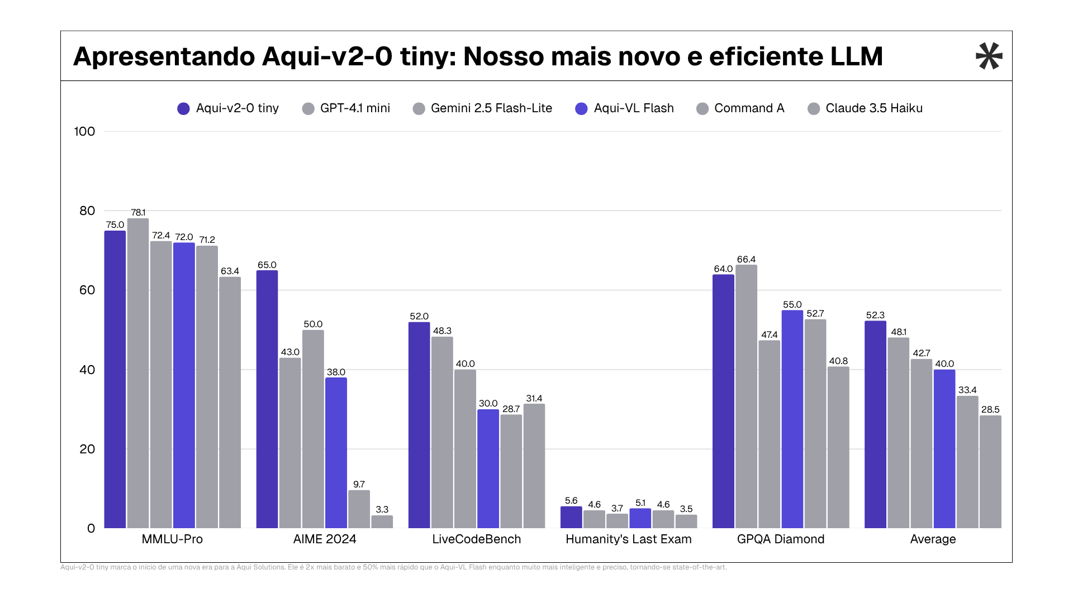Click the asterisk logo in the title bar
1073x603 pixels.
[x=989, y=56]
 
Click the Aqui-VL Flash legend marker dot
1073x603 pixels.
[x=581, y=109]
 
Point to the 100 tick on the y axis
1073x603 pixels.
[x=84, y=132]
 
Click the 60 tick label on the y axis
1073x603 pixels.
[x=87, y=290]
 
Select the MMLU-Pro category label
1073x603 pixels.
[x=172, y=539]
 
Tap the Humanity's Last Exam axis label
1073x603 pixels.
[x=628, y=539]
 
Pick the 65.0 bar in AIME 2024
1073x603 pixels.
[x=267, y=399]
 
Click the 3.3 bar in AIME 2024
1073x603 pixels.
[x=382, y=522]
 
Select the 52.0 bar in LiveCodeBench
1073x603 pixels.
[x=419, y=425]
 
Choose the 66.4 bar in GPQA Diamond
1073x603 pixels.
[x=746, y=396]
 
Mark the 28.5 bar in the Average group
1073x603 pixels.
[x=990, y=472]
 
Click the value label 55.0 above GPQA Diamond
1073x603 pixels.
[x=792, y=305]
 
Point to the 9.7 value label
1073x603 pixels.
[x=359, y=485]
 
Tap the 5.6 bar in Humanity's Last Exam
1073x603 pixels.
[x=571, y=518]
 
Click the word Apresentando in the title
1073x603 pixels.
[x=164, y=56]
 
